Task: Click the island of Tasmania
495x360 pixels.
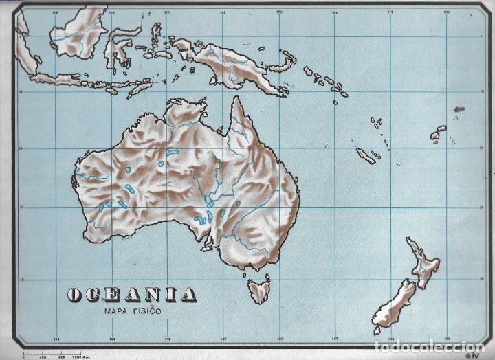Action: click(x=259, y=290)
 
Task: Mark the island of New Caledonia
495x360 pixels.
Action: click(x=366, y=156)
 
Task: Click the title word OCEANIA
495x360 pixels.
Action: click(x=131, y=295)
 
